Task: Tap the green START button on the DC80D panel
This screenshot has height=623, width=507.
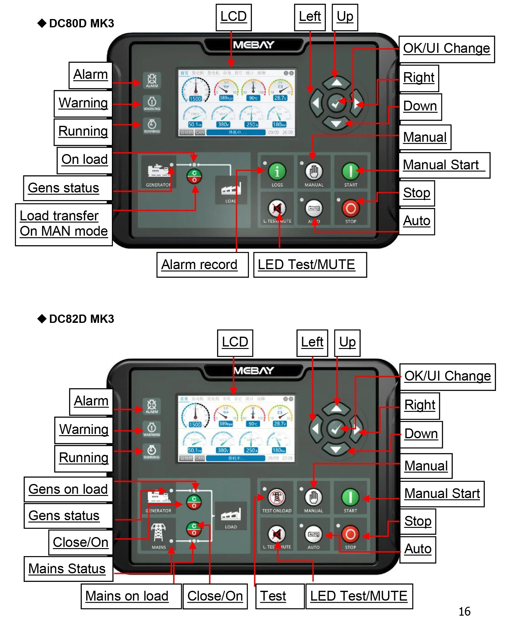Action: [350, 171]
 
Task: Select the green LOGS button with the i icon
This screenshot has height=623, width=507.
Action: [277, 171]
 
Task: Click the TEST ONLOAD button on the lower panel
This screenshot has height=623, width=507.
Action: [276, 497]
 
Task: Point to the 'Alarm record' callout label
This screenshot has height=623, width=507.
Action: [202, 265]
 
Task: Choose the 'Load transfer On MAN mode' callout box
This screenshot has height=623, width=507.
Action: [64, 224]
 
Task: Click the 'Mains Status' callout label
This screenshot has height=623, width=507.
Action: [68, 569]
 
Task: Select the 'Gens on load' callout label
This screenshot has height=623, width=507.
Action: [68, 489]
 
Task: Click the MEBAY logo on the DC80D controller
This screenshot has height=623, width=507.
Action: [253, 45]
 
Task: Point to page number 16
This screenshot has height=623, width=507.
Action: [464, 611]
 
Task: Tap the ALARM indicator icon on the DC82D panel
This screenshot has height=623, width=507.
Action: [151, 406]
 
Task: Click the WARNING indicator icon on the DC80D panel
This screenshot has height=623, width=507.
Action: [152, 103]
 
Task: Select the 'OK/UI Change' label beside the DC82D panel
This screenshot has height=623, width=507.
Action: [447, 376]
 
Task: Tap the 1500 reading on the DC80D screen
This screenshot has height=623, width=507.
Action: [195, 99]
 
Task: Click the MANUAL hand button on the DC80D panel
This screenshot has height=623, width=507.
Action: [314, 171]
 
